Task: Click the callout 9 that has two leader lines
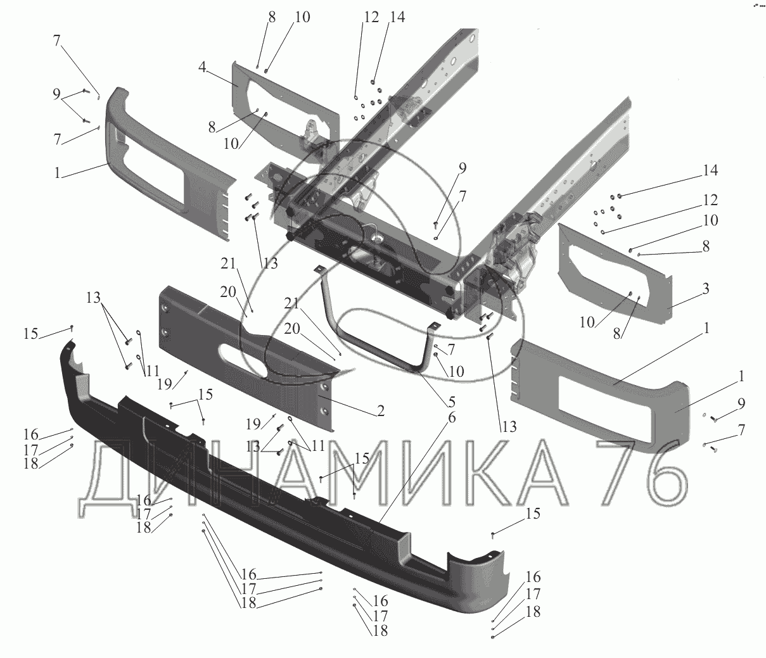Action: pos(57,96)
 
